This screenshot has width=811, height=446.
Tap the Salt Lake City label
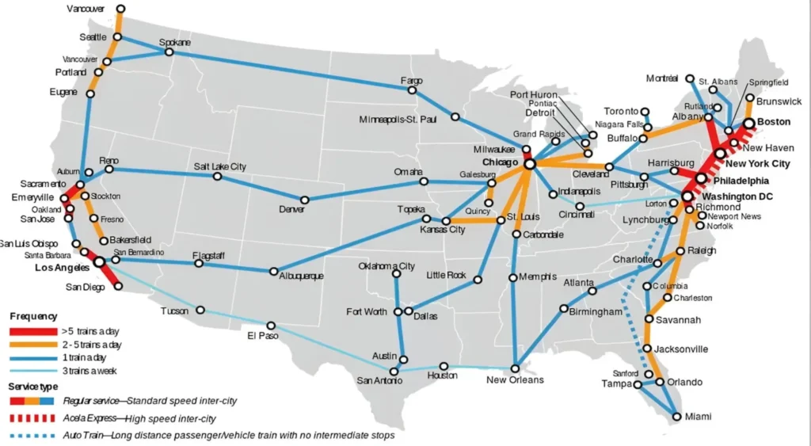coord(219,166)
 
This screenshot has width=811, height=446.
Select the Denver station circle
coord(304,200)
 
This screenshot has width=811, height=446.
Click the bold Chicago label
coord(500,162)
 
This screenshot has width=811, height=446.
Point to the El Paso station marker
coord(271,326)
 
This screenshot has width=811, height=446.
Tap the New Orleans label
coord(515,380)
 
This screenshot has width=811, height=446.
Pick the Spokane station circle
coord(169,52)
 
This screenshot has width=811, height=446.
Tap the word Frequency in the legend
coord(33,316)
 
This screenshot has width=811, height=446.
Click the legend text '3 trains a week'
coord(90,370)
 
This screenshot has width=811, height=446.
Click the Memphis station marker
coord(512,276)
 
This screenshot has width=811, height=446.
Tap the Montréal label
coord(662,78)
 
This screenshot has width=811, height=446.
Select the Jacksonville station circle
coord(647,349)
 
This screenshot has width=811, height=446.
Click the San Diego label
coord(85,287)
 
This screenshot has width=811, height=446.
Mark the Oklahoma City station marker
coord(396,274)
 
